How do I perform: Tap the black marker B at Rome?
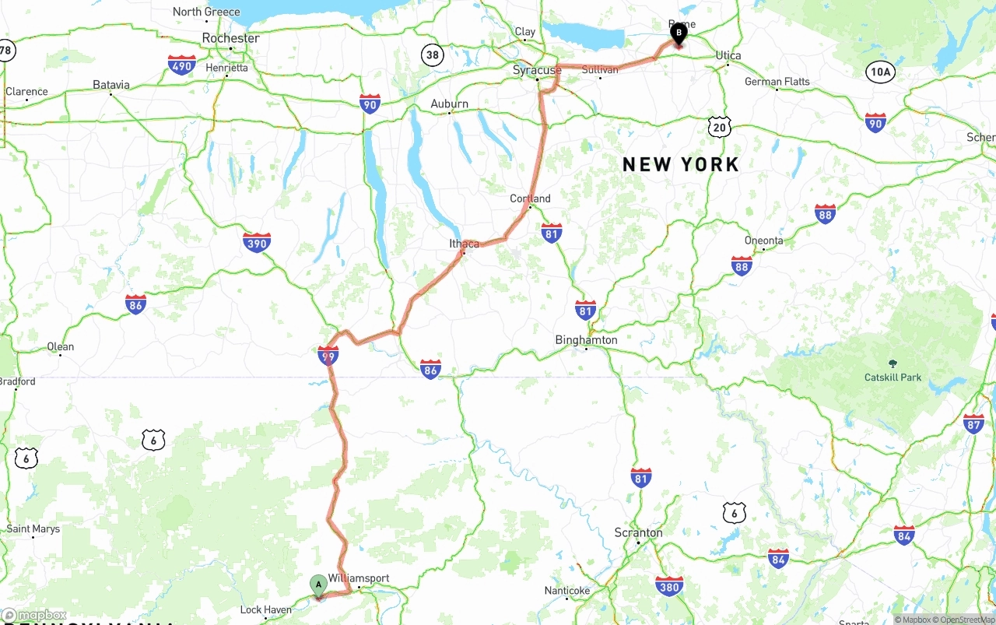point(679,33)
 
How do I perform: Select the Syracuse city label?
point(537,70)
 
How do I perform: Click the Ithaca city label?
point(465,244)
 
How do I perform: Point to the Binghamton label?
point(586,340)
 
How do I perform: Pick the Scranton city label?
point(638,533)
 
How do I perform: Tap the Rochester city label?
point(230,38)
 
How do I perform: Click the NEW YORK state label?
point(681,164)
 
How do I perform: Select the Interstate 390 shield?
point(257,243)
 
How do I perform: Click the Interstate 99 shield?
point(328,356)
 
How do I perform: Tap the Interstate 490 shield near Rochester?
point(181,65)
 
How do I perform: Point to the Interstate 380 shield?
point(669,585)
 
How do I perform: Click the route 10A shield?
point(879,72)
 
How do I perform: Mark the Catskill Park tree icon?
point(893,363)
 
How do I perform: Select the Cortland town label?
point(530,198)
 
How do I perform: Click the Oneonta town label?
point(763,241)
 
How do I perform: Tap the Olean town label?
point(61,346)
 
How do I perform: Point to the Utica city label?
point(728,55)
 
